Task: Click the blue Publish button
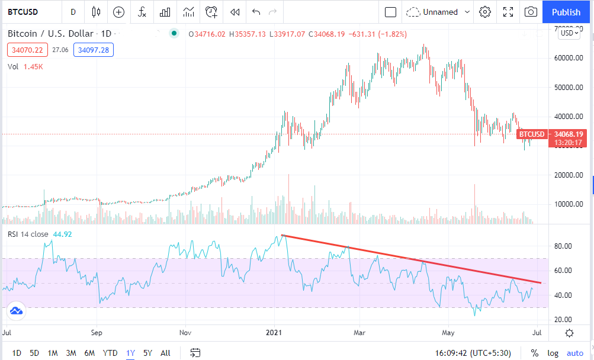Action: pos(566,12)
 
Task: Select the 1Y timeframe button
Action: pos(130,353)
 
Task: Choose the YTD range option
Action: pos(110,353)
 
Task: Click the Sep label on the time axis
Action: pos(97,333)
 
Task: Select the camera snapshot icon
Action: pos(531,12)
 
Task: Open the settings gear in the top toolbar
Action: pos(485,12)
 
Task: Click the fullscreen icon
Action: pos(508,12)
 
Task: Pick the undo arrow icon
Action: pos(256,12)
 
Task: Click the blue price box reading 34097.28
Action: pos(93,50)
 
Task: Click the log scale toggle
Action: pos(553,353)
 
